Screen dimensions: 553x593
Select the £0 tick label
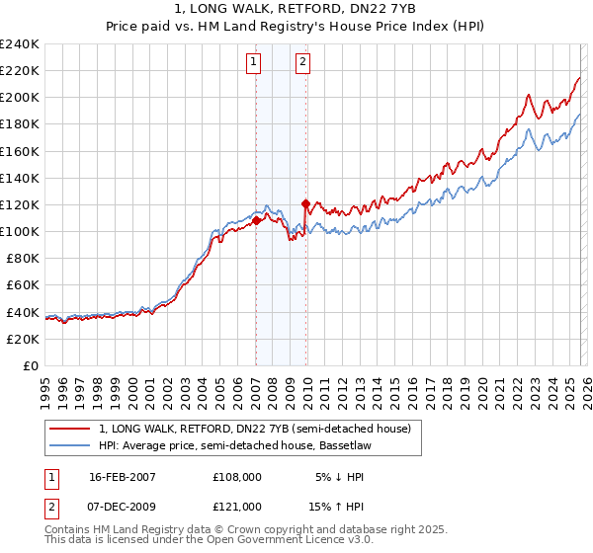(x=30, y=365)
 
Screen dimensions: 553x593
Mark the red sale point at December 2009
(x=306, y=204)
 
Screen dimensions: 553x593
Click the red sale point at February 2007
(x=257, y=221)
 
